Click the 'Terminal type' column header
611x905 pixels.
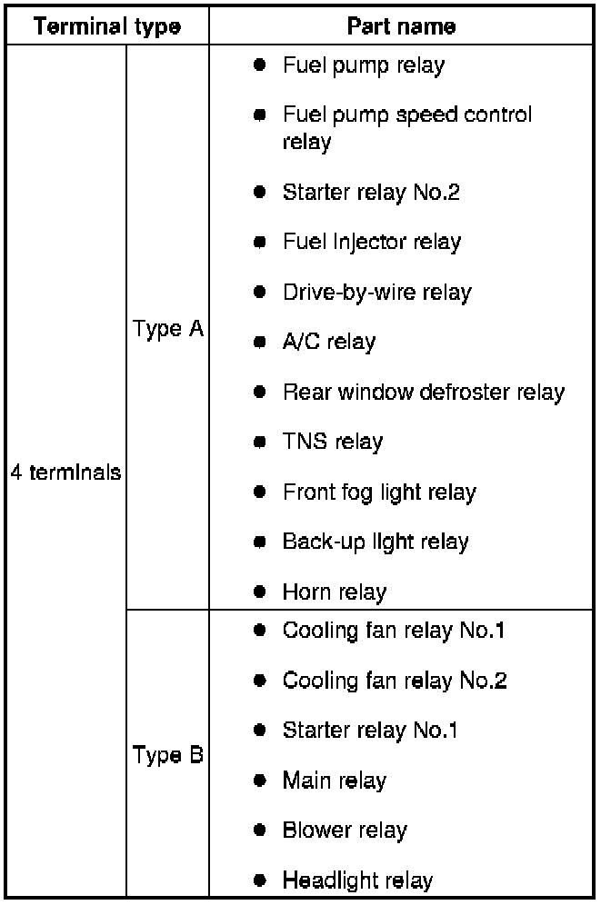click(106, 25)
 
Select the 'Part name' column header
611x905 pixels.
click(401, 25)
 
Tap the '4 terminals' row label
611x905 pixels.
click(66, 473)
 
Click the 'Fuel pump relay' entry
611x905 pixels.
click(364, 65)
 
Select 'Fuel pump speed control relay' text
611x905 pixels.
click(406, 128)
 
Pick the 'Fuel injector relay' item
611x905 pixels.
click(371, 242)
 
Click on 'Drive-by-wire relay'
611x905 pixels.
click(376, 293)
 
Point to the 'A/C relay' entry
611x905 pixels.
click(328, 343)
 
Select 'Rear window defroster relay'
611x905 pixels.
click(423, 393)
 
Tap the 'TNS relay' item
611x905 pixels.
click(332, 443)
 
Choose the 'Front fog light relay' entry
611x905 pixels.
click(379, 492)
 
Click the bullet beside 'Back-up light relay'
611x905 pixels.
click(260, 542)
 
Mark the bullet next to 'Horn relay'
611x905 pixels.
click(260, 592)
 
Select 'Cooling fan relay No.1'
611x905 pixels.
click(394, 630)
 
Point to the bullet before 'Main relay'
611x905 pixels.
click(260, 780)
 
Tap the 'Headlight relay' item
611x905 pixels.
click(357, 880)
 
